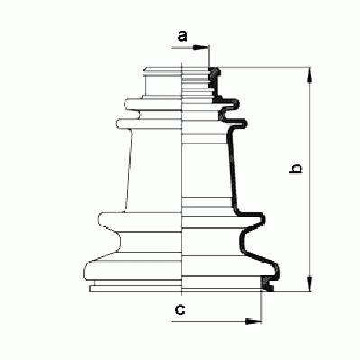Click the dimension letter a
tap(182, 36)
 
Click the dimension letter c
tap(180, 309)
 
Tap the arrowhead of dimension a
tap(200, 47)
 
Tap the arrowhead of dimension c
tap(254, 321)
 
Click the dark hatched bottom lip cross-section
tap(267, 284)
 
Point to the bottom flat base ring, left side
tap(136, 289)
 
